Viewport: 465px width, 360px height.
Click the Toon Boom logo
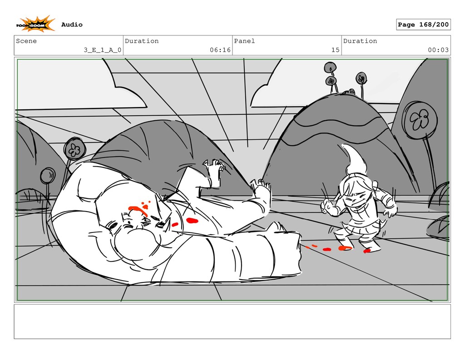(x=35, y=24)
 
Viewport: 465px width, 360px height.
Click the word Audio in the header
(x=72, y=25)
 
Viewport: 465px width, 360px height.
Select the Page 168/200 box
(x=423, y=25)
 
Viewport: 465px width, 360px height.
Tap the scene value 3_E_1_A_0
(x=102, y=50)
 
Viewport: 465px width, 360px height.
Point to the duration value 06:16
(x=220, y=50)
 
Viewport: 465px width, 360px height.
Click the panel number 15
(x=336, y=50)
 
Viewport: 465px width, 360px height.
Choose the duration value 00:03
(x=438, y=50)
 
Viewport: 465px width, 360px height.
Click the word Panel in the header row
(x=244, y=41)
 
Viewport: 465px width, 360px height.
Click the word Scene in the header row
(x=26, y=41)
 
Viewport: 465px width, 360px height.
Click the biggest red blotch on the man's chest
(x=192, y=220)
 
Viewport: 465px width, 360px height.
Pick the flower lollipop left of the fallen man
(x=74, y=149)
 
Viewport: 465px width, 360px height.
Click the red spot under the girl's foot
(x=367, y=251)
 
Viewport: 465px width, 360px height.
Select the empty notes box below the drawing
(x=232, y=321)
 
